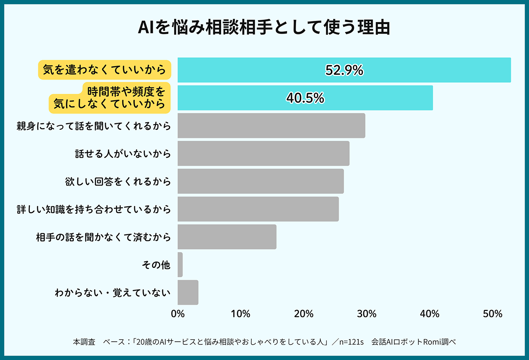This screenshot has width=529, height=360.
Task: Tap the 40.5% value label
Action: (x=305, y=98)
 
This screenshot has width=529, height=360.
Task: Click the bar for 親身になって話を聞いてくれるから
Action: (x=271, y=126)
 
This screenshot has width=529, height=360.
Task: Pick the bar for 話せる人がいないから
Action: (x=263, y=154)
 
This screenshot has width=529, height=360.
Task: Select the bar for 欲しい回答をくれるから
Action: (x=260, y=181)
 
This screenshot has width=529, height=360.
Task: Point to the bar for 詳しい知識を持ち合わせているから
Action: (x=258, y=209)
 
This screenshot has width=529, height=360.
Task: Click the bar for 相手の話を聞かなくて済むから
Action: (x=227, y=237)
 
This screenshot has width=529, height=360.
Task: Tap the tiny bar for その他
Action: (x=180, y=265)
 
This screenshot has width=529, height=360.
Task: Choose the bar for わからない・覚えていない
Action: (x=188, y=292)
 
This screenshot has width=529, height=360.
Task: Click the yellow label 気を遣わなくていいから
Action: (x=104, y=70)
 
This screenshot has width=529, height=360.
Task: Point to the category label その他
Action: (x=156, y=265)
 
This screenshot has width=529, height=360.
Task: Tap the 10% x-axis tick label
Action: (x=241, y=314)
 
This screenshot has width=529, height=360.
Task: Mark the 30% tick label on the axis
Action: (x=367, y=314)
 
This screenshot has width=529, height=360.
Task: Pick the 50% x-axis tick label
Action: (x=493, y=314)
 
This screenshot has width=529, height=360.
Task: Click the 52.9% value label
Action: (x=344, y=70)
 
